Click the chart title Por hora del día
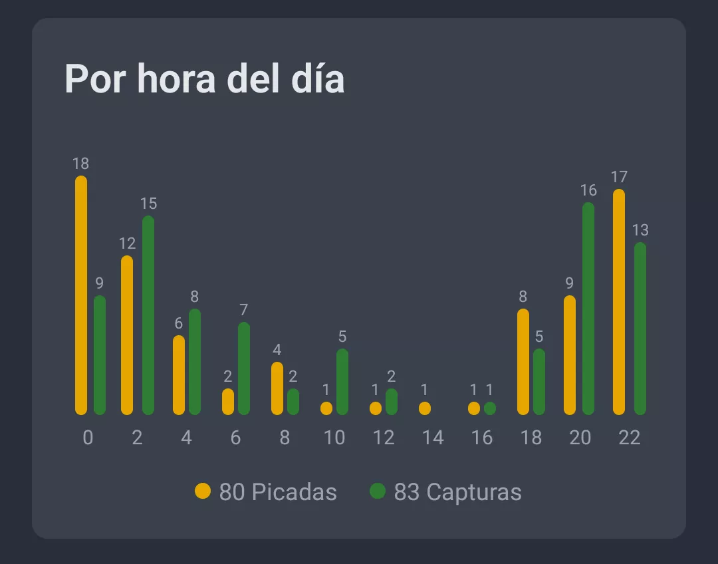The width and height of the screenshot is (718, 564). [204, 79]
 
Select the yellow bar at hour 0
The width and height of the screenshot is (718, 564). [81, 295]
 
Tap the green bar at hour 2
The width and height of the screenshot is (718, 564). [148, 315]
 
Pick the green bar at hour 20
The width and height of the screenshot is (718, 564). [588, 309]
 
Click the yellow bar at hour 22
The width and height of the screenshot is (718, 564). [619, 302]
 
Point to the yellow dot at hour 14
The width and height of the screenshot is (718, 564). [425, 408]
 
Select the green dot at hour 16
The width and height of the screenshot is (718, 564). [490, 408]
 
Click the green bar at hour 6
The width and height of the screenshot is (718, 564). [244, 368]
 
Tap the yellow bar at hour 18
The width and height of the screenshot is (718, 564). [523, 362]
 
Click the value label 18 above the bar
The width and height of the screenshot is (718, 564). [81, 164]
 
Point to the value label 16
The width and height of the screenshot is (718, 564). [588, 190]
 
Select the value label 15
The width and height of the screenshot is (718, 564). [148, 204]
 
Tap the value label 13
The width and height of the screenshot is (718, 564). [640, 230]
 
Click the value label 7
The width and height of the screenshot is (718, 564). [244, 310]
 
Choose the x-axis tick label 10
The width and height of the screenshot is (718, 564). [334, 438]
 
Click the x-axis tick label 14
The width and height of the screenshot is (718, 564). [433, 438]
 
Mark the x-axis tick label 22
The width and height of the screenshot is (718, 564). [630, 438]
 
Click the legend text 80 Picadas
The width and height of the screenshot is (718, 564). [278, 492]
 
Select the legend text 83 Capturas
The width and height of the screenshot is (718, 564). [457, 492]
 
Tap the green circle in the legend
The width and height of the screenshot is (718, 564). [378, 492]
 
